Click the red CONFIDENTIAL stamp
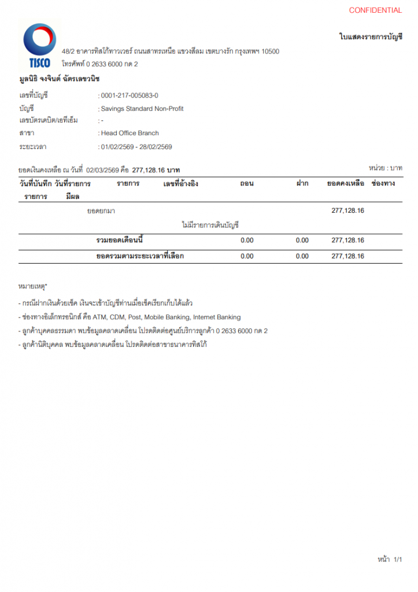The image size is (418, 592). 375,10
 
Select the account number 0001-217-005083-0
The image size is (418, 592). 130,95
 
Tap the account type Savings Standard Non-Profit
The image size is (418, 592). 142,108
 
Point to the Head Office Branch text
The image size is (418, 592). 130,133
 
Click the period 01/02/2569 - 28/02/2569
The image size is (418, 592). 136,147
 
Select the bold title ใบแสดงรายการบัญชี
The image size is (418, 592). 371,36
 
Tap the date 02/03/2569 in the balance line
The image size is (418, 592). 103,171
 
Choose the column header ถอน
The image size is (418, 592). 247,183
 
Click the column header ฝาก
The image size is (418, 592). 302,183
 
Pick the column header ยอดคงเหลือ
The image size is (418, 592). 345,183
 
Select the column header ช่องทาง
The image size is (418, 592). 383,183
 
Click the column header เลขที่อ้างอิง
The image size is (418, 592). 180,183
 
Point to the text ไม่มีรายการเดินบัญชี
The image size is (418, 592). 210,225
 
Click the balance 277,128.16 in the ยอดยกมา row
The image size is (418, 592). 347,210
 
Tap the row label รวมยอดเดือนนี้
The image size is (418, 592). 120,240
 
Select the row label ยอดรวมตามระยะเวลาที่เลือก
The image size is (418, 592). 140,256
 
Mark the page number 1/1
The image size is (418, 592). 397,560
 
